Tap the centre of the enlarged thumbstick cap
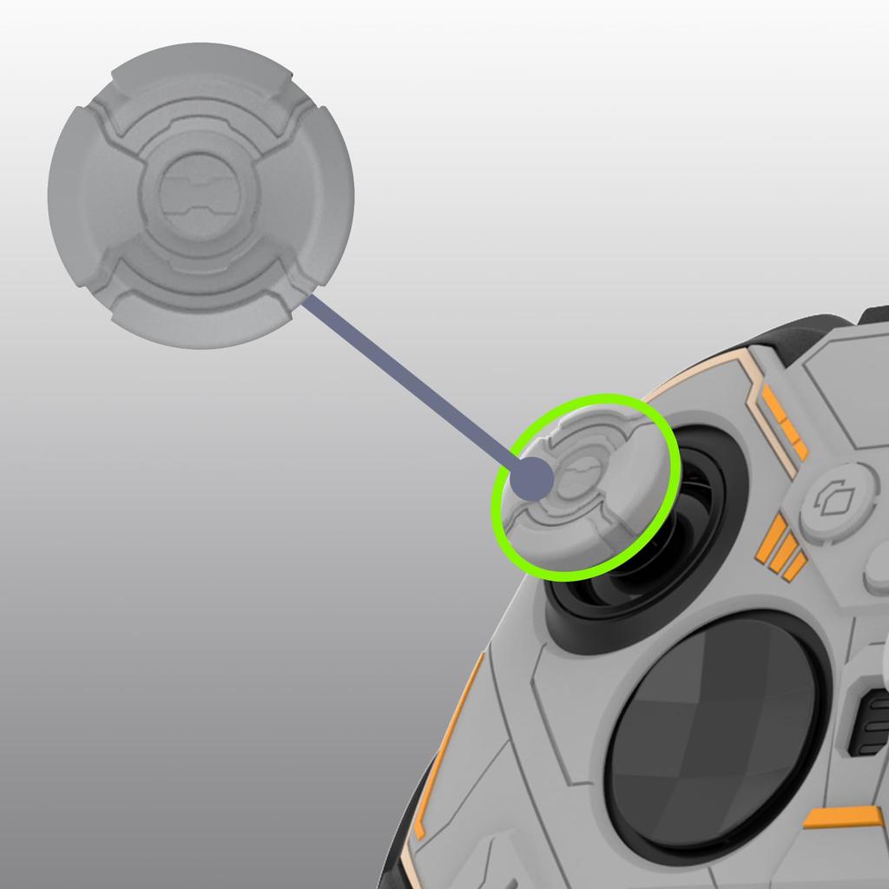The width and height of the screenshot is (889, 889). pyautogui.click(x=201, y=195)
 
